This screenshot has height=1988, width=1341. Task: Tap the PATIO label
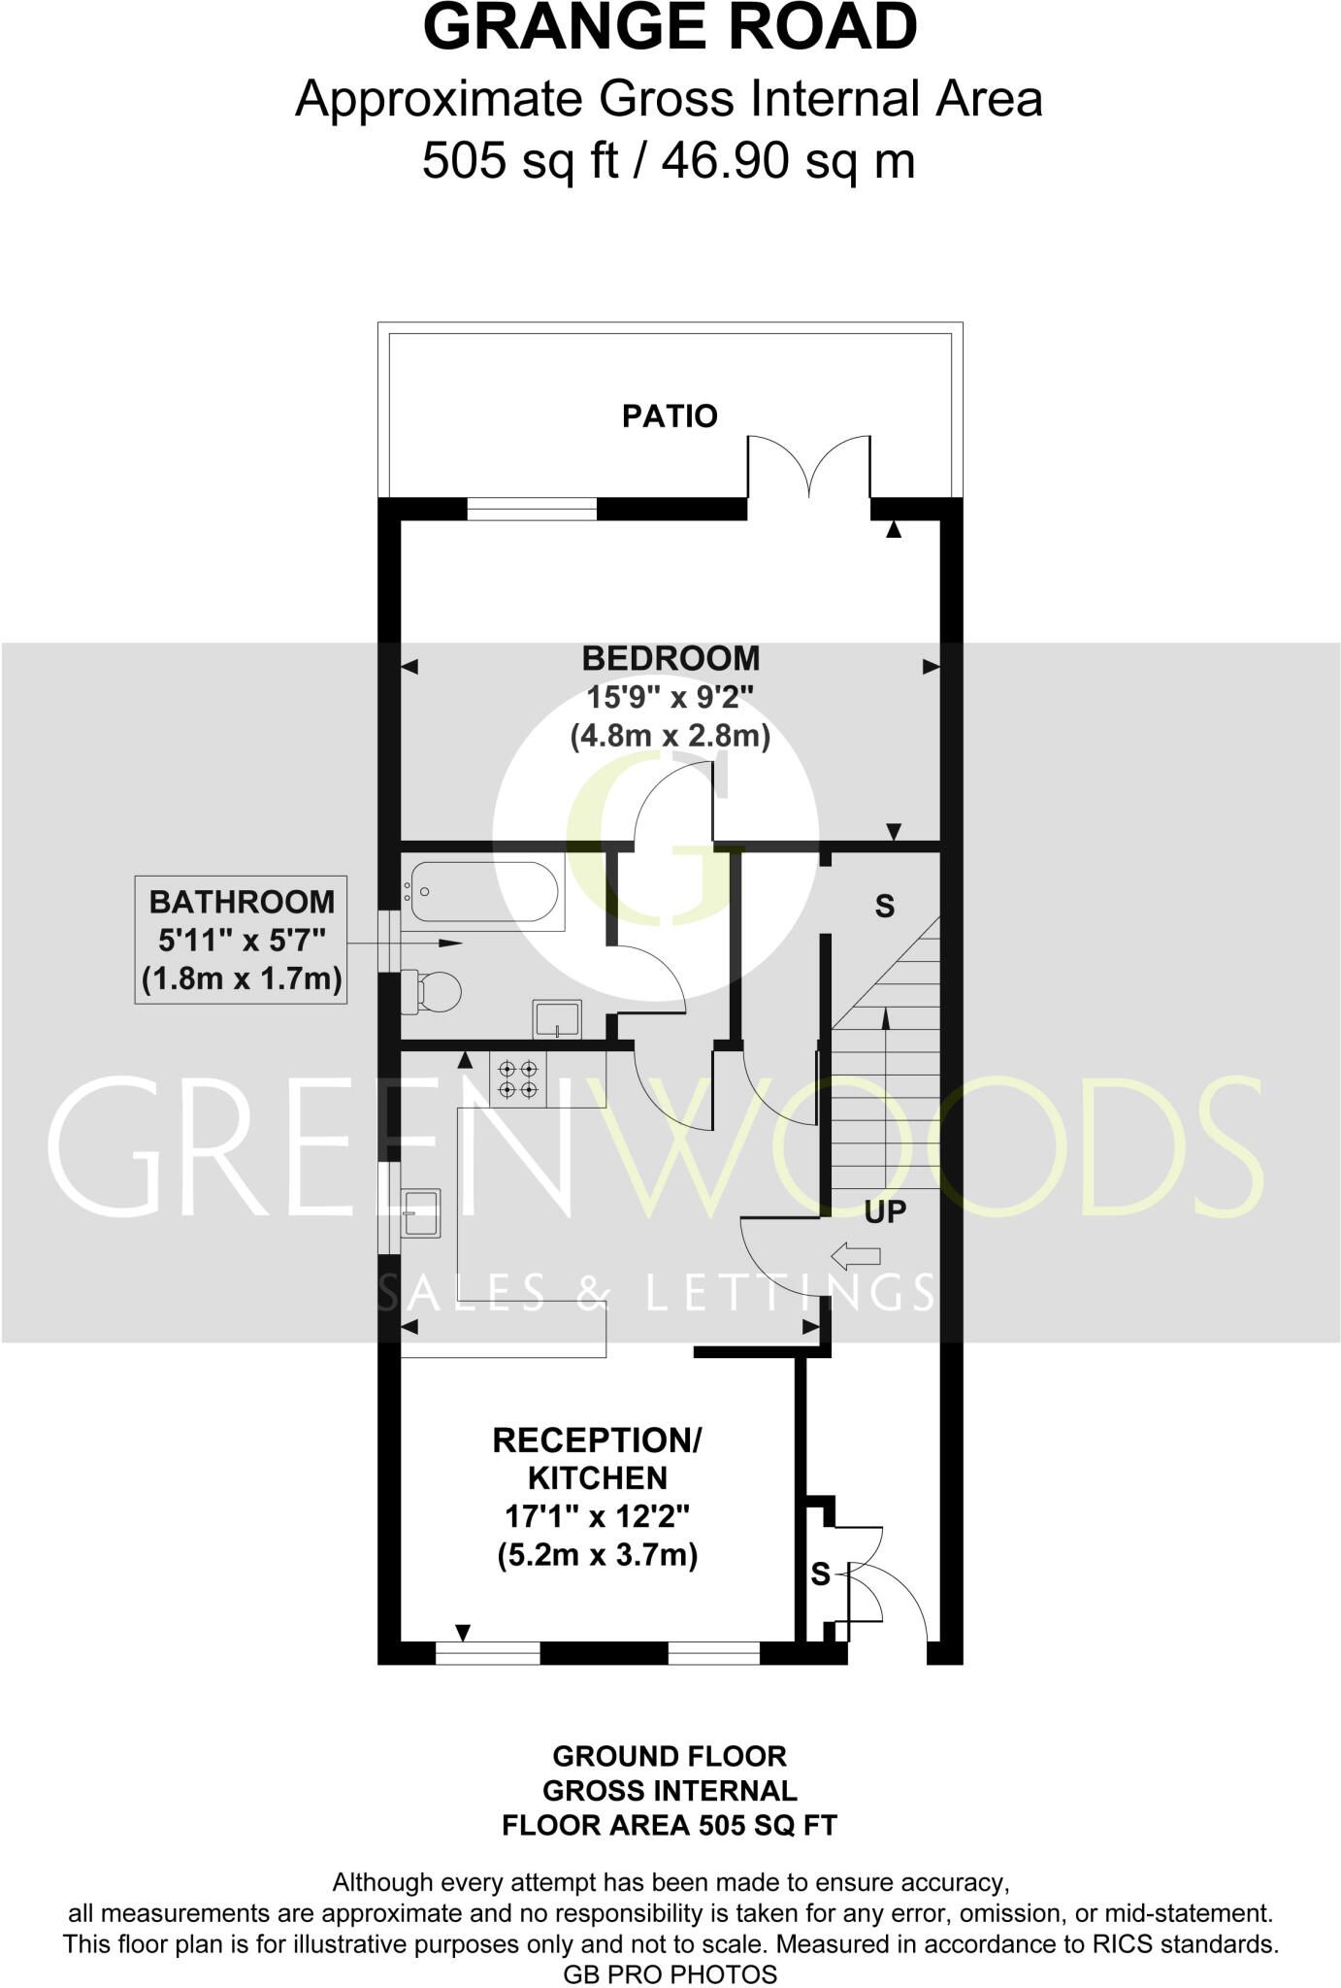coord(670,416)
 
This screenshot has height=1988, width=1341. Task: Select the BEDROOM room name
coord(670,658)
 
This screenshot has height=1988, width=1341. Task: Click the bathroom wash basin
coord(556,1019)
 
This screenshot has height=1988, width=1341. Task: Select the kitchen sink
coord(420,1212)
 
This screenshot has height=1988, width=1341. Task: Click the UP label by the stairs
coord(884,1211)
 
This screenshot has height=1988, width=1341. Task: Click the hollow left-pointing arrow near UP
coord(856,1256)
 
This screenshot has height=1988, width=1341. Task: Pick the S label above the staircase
coord(884,907)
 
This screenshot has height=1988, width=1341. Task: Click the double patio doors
coord(808,468)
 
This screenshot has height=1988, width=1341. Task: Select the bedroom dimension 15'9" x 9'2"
coord(670,697)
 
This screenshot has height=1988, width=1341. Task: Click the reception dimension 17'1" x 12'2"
coord(597,1516)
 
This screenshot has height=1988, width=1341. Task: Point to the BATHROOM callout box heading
coord(241,902)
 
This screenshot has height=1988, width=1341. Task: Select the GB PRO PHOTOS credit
coord(670,1974)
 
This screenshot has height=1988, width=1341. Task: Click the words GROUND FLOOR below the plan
coord(670,1756)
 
